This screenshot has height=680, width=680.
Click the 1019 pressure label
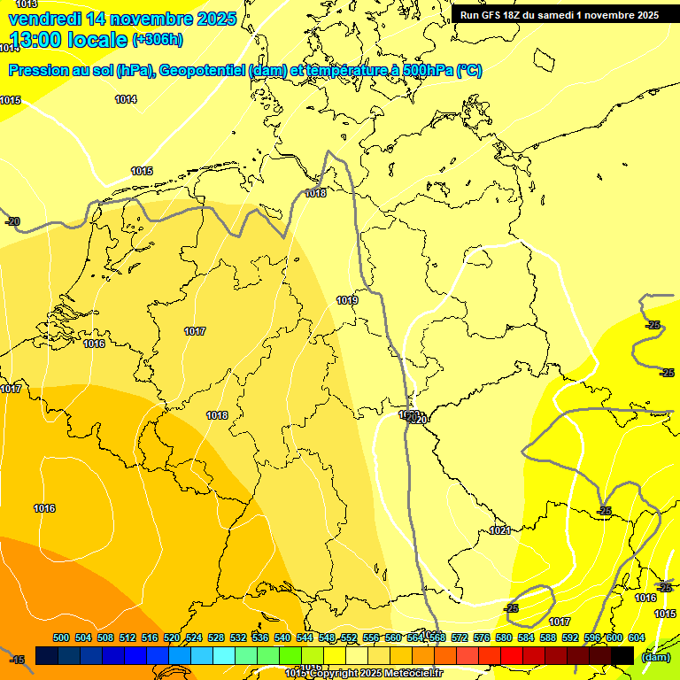point(347,301)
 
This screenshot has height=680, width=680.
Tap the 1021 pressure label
point(500,530)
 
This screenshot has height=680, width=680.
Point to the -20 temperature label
point(12,221)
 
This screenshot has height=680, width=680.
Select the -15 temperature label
point(16,660)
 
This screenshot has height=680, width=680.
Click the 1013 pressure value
point(27,4)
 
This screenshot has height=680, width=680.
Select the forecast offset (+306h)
point(158,40)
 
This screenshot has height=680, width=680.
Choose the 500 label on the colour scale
point(61,638)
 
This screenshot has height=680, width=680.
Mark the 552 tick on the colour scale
point(349,638)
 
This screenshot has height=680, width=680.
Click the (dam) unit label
point(655,657)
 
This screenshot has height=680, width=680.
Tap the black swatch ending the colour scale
point(622,655)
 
